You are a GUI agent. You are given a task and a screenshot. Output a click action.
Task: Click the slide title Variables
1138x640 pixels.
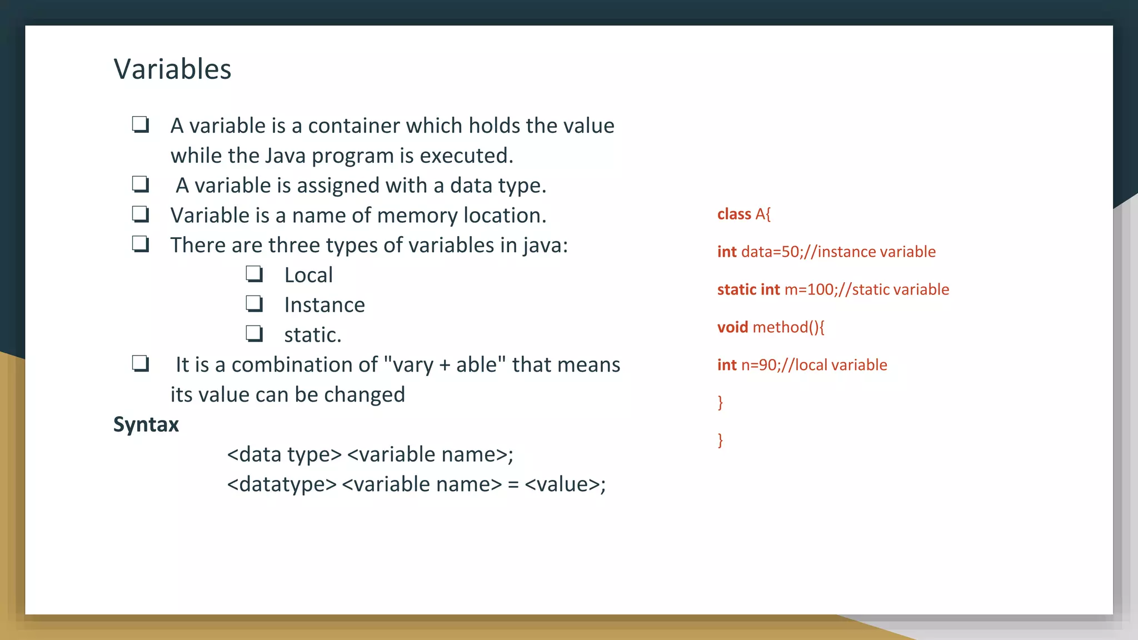click(172, 69)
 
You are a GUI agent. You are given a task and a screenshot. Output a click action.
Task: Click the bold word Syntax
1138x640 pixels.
click(146, 425)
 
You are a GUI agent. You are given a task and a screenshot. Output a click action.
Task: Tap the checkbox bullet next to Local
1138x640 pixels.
click(254, 274)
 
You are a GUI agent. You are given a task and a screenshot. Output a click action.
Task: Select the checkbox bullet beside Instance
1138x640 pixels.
click(254, 304)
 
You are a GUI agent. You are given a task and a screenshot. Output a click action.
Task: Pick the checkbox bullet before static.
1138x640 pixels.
click(254, 334)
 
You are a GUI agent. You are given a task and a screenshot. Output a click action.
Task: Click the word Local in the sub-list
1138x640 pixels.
click(308, 276)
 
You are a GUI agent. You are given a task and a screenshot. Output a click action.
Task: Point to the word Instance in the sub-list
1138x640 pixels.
click(325, 305)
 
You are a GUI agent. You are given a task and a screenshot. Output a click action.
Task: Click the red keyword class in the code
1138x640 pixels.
click(734, 214)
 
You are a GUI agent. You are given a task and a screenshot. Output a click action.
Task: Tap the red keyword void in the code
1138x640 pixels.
click(732, 327)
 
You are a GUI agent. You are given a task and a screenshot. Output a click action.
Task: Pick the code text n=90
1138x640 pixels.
click(758, 366)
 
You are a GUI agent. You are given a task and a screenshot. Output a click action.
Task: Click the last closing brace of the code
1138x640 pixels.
click(720, 441)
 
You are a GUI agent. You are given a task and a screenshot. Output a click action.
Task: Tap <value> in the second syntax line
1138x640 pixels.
click(562, 484)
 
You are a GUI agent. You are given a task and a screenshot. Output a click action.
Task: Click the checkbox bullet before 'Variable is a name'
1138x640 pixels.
click(141, 214)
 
